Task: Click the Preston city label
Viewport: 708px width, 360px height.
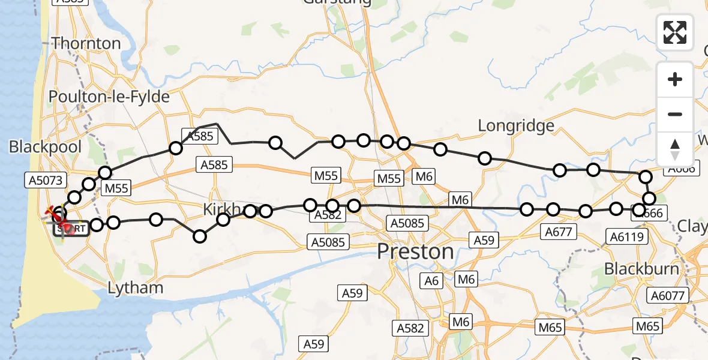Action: (x=415, y=251)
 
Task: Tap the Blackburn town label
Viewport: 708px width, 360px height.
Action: (x=641, y=268)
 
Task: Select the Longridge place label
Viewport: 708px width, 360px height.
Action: (x=515, y=125)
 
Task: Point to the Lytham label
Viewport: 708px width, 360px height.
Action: (x=135, y=288)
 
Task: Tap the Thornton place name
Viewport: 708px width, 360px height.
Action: (x=86, y=43)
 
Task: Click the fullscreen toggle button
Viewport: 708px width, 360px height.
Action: (x=675, y=32)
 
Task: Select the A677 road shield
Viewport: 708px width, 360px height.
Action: (x=559, y=232)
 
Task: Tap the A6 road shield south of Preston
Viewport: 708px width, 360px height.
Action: (x=431, y=280)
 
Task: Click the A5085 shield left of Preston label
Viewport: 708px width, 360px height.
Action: (x=328, y=242)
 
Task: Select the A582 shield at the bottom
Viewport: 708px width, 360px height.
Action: (x=410, y=328)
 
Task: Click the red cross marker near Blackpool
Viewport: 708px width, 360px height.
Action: (x=55, y=212)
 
